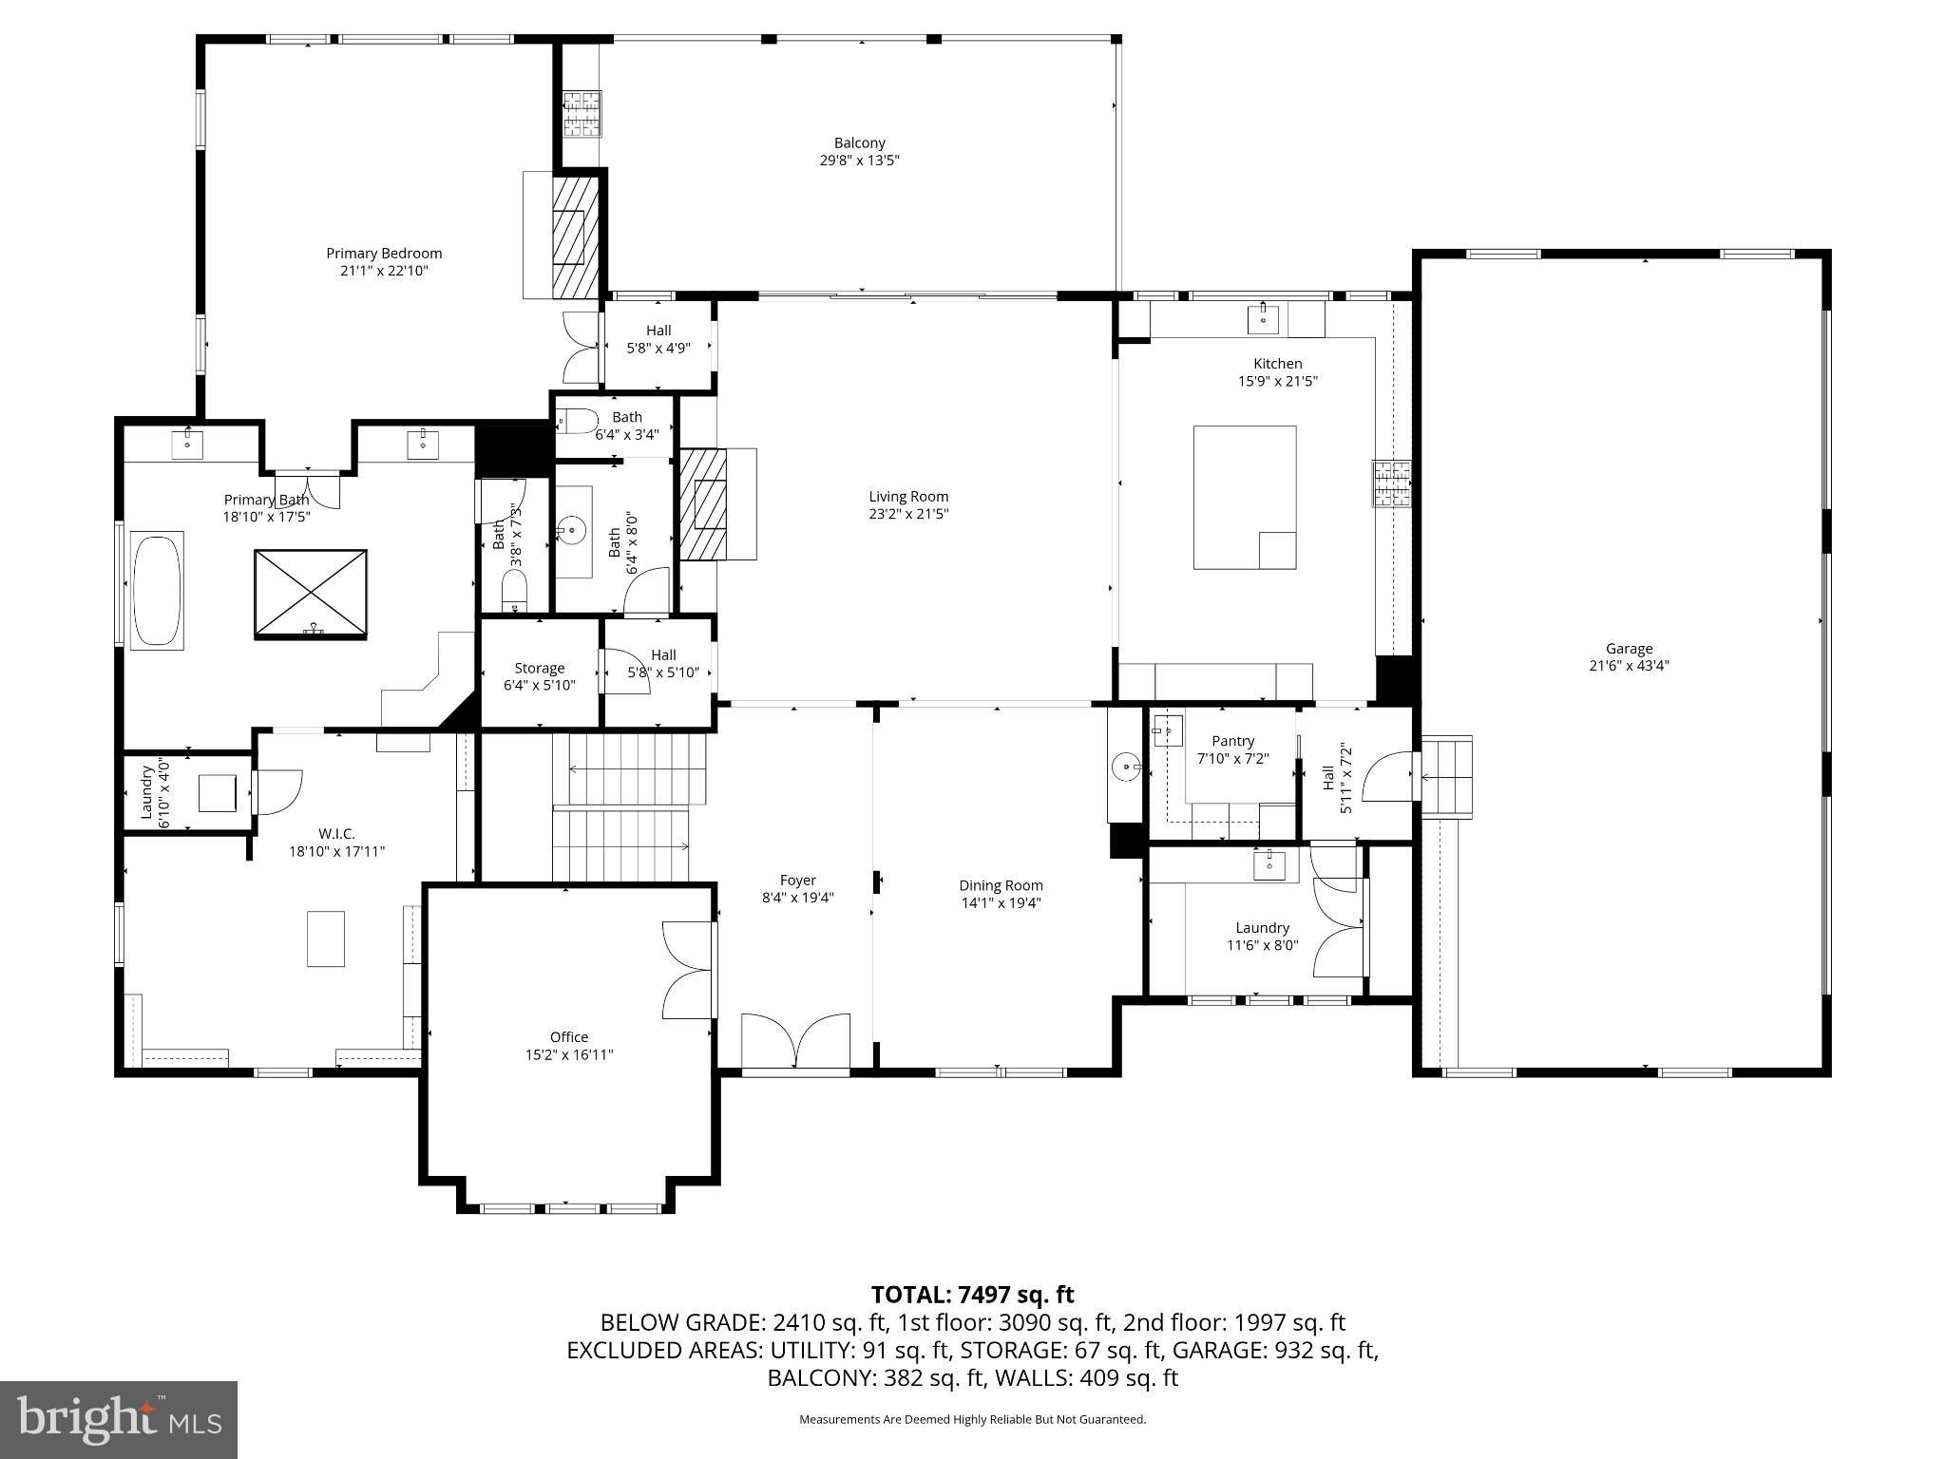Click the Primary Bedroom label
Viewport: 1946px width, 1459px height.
pyautogui.click(x=384, y=254)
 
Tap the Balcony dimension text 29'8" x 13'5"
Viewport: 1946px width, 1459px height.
pyautogui.click(x=859, y=161)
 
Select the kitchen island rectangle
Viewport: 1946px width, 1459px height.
pyautogui.click(x=1244, y=497)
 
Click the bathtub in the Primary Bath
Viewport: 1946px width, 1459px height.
pyautogui.click(x=156, y=590)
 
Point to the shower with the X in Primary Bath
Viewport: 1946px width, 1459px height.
pyautogui.click(x=310, y=594)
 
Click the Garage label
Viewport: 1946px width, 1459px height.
pyautogui.click(x=1629, y=649)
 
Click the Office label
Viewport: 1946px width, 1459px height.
pyautogui.click(x=568, y=1037)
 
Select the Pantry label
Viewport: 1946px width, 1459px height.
pyautogui.click(x=1232, y=741)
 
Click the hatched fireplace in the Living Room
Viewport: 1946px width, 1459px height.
pyautogui.click(x=702, y=505)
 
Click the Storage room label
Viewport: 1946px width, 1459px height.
pyautogui.click(x=539, y=668)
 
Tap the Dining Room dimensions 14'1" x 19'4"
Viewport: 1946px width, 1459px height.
pyautogui.click(x=1001, y=903)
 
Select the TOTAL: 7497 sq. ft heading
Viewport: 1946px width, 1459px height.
pyautogui.click(x=972, y=1295)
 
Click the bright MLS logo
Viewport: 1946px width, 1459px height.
pyautogui.click(x=119, y=1418)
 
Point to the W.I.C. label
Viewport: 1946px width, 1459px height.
pyautogui.click(x=336, y=834)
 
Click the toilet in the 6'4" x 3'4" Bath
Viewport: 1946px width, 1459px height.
pyautogui.click(x=577, y=420)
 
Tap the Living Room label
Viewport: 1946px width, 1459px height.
pyautogui.click(x=907, y=496)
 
